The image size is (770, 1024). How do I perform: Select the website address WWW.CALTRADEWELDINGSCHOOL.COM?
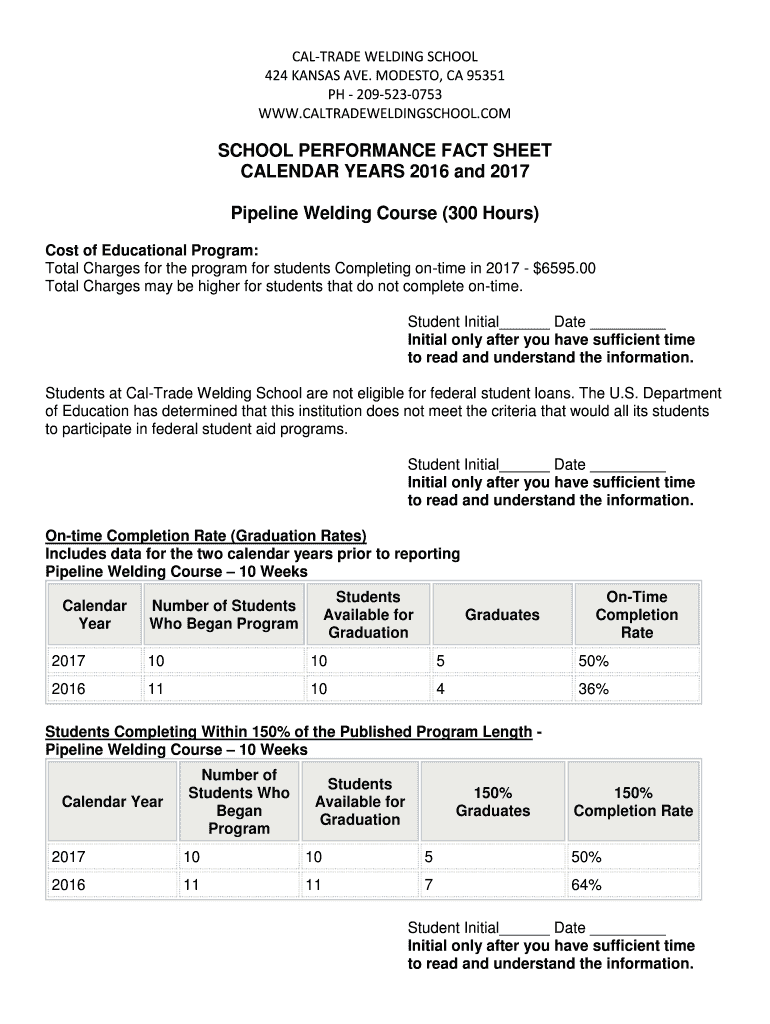click(385, 112)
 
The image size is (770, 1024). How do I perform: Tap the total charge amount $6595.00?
click(565, 269)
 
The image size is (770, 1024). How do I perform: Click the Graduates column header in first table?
click(502, 615)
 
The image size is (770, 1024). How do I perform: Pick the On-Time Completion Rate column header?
click(637, 615)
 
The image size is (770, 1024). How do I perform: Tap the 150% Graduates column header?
click(493, 802)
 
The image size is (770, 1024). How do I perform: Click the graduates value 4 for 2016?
click(440, 689)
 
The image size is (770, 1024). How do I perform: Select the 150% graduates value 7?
click(429, 885)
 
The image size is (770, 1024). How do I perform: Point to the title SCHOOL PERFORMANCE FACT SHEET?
click(385, 151)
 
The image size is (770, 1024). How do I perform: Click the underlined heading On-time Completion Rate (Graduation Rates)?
click(206, 535)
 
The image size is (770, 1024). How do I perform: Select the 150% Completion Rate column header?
click(633, 802)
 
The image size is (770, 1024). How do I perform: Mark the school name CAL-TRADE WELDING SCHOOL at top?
click(385, 56)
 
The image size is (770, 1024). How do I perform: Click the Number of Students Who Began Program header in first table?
click(223, 615)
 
